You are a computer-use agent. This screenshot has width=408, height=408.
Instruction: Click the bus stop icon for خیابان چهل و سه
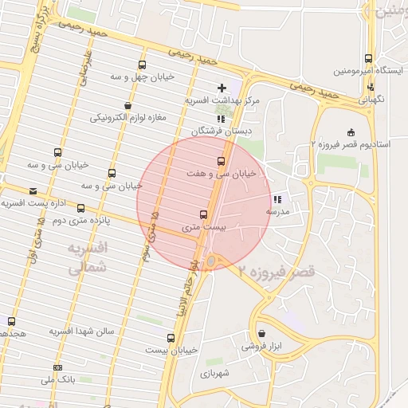[x=142, y=65]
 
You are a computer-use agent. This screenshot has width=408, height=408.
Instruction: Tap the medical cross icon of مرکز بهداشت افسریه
[x=222, y=87]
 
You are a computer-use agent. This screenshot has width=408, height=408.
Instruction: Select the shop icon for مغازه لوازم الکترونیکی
[x=127, y=106]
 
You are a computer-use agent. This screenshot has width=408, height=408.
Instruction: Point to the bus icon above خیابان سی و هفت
[x=222, y=161]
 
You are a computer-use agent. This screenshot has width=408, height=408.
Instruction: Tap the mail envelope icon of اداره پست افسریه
[x=33, y=191]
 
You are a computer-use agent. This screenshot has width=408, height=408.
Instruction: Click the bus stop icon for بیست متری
[x=203, y=214]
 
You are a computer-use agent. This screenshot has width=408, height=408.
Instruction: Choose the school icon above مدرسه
[x=277, y=199]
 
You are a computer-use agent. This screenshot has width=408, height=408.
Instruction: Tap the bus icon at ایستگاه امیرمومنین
[x=368, y=59]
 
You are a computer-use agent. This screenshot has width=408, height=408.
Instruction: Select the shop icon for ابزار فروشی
[x=261, y=334]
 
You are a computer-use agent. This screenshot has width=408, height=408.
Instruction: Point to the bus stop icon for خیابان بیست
[x=171, y=338]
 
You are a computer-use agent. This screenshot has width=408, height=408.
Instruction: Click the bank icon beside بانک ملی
[x=57, y=367]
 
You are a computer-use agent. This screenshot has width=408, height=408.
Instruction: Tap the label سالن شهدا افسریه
[x=82, y=330]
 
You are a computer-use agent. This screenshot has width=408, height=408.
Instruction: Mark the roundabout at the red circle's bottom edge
[x=212, y=261]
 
